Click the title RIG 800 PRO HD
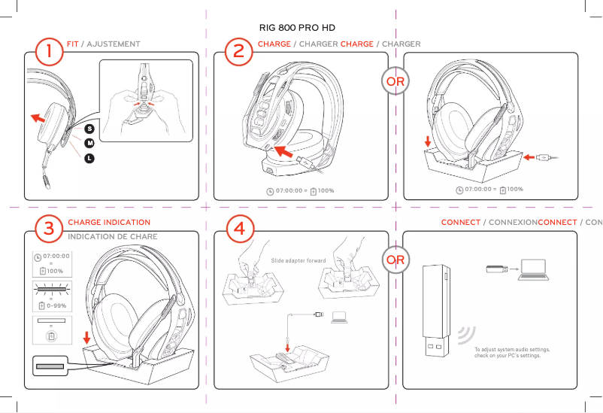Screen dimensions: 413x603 (297, 27)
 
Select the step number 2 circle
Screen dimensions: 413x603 (238, 53)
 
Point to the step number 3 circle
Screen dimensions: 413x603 (49, 229)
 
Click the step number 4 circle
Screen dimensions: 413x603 (238, 229)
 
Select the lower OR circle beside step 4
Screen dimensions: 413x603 (395, 260)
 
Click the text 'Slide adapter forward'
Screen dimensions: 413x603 (298, 261)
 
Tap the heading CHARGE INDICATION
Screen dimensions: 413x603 (109, 223)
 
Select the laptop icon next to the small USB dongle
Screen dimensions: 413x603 (532, 268)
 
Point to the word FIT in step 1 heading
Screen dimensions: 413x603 (72, 44)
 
